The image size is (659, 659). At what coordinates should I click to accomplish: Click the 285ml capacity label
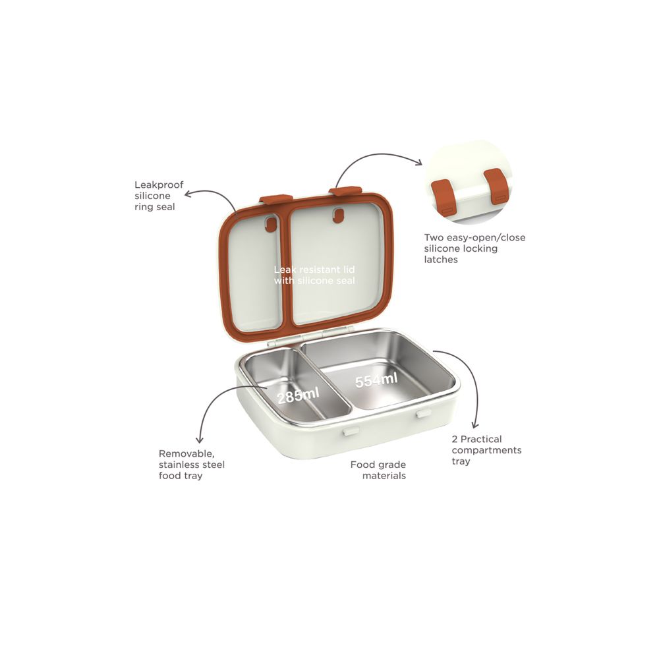(x=299, y=395)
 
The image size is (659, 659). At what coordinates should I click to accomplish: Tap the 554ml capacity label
(x=376, y=380)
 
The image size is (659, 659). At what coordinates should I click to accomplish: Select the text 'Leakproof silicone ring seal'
(x=159, y=196)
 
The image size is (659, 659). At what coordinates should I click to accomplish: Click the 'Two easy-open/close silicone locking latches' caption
(x=474, y=248)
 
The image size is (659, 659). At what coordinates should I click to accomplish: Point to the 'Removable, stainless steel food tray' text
(x=192, y=465)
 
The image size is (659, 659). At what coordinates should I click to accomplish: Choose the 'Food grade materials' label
(x=378, y=470)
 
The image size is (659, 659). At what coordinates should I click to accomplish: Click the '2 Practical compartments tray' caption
(x=486, y=450)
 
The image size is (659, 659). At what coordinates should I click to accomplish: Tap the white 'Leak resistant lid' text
(x=314, y=270)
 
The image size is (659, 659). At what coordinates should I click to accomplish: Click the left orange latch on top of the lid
(x=275, y=198)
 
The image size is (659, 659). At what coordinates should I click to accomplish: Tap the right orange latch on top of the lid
(x=345, y=191)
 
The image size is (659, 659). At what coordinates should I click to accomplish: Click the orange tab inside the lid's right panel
(x=338, y=215)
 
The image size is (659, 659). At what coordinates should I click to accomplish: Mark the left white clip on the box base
(x=351, y=431)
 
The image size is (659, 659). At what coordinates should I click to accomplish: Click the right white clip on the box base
(x=424, y=414)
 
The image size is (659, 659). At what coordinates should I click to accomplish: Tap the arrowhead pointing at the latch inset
(x=419, y=163)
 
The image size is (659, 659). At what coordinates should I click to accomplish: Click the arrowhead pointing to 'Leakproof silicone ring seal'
(x=187, y=194)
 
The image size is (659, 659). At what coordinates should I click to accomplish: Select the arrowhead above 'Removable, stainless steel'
(x=200, y=440)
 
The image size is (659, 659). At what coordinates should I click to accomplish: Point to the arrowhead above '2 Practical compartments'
(x=475, y=425)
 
